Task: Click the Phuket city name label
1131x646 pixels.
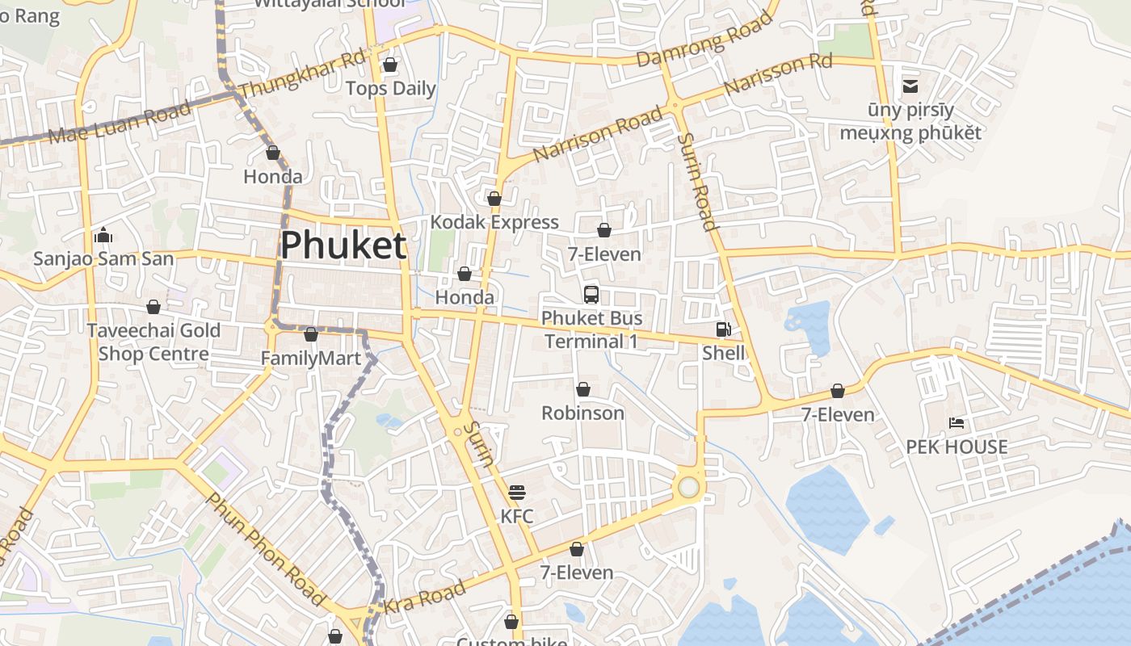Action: coord(343,245)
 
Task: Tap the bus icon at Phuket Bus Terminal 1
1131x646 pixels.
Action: coord(591,294)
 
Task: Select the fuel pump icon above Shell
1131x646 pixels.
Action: coord(723,329)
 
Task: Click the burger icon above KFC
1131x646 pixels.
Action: coord(517,493)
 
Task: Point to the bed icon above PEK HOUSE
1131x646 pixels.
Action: coord(957,423)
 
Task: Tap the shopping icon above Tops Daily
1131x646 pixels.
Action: coord(390,65)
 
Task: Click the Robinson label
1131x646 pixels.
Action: coord(582,413)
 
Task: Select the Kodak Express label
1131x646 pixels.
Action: coord(494,222)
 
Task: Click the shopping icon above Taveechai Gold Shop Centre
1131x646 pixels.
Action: coord(153,307)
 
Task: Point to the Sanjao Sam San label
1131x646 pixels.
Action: coord(103,259)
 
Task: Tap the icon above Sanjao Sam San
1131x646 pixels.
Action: coord(103,236)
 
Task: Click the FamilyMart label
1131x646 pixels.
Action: coord(311,358)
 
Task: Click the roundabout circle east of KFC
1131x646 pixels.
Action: coord(688,487)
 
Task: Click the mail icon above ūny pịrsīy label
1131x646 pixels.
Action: coord(910,86)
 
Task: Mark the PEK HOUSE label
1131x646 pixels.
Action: coord(957,447)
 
